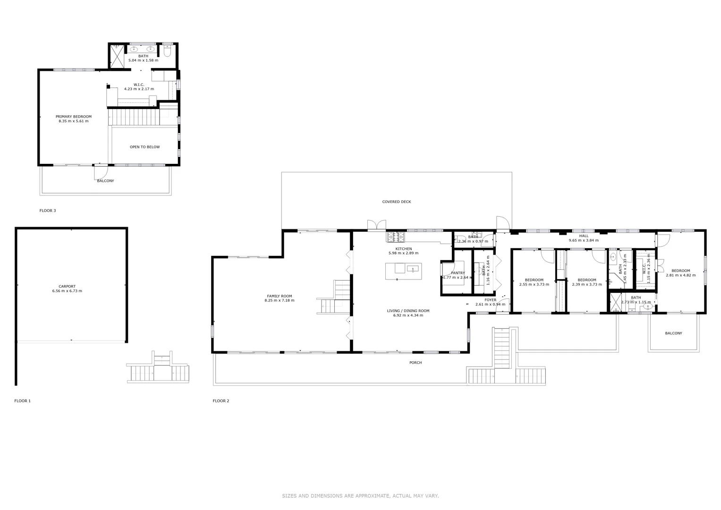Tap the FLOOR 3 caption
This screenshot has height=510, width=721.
pos(48,211)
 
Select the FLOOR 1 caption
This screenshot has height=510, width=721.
pos(23,401)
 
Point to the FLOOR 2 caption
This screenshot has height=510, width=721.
pos(221,401)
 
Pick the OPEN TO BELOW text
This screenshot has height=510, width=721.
pos(144,147)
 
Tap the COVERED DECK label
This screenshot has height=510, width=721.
pos(396,202)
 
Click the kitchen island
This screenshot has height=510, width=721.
pos(402,271)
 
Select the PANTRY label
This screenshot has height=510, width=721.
pos(458,273)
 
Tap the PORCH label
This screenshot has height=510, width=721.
pos(416,363)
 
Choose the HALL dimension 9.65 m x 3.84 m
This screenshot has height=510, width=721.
pos(584,240)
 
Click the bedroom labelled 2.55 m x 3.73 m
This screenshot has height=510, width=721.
pos(534,282)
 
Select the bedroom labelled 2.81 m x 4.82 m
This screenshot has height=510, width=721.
pos(680,273)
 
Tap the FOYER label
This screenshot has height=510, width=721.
pos(490,300)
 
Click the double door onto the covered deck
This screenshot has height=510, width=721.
pos(377,225)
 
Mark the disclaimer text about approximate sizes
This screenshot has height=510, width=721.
pos(360,496)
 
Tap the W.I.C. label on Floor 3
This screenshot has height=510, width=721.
pos(139,87)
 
